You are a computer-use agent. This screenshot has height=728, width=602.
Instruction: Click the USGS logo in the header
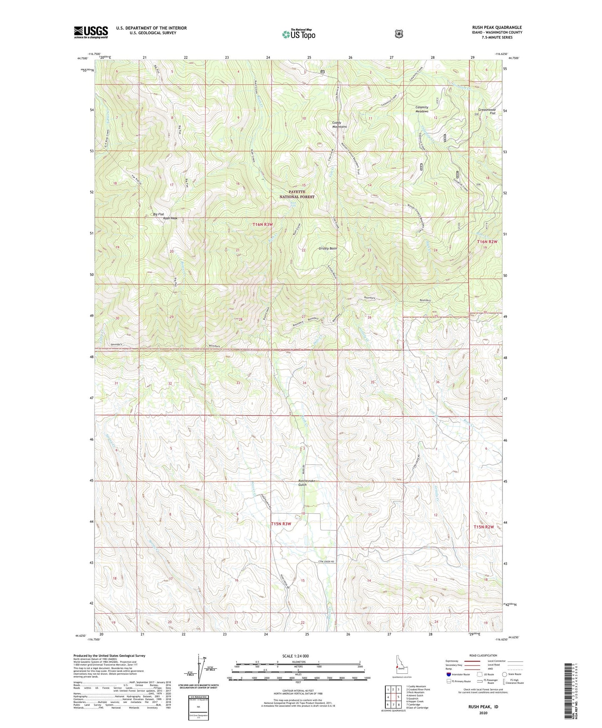(x=91, y=32)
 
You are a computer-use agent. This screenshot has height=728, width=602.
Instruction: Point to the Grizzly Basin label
(x=327, y=249)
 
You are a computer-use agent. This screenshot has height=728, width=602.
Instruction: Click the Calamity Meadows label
(x=422, y=109)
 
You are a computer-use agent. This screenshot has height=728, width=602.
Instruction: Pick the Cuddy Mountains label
(x=340, y=124)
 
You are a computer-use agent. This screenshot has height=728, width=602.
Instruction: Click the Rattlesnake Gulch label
(x=308, y=483)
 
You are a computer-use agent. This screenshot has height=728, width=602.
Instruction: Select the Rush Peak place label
(x=170, y=218)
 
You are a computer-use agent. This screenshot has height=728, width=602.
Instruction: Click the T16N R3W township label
(x=263, y=224)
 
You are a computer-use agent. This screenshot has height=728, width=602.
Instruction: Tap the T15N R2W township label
(x=483, y=527)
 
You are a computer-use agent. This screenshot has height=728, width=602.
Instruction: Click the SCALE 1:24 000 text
(x=295, y=656)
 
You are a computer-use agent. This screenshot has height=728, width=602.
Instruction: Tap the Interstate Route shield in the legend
(x=449, y=674)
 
